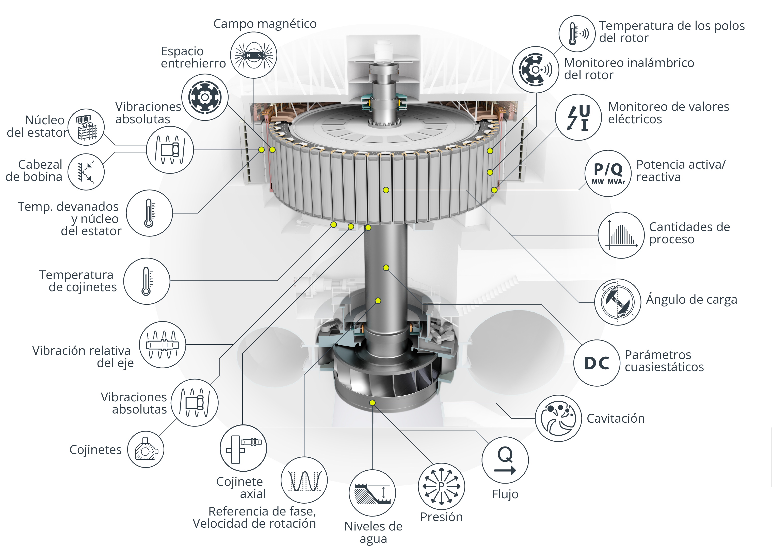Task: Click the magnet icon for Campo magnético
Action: tap(254, 55)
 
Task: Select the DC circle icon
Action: tap(597, 363)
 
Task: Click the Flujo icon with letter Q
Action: tap(505, 460)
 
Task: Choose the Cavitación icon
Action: tap(558, 418)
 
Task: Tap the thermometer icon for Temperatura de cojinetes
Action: tap(147, 281)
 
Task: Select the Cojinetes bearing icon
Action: tap(146, 450)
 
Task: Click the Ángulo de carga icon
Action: tap(618, 302)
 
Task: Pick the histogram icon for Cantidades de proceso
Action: tap(621, 235)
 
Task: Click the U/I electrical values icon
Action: tap(578, 117)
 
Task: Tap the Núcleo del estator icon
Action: tap(86, 127)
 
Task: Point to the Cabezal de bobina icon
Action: tap(86, 172)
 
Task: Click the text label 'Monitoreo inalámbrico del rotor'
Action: tap(629, 69)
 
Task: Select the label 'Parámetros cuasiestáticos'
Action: tap(664, 361)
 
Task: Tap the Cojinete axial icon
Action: tap(243, 448)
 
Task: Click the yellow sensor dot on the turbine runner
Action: tap(372, 403)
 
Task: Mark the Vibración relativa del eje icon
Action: tap(163, 345)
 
